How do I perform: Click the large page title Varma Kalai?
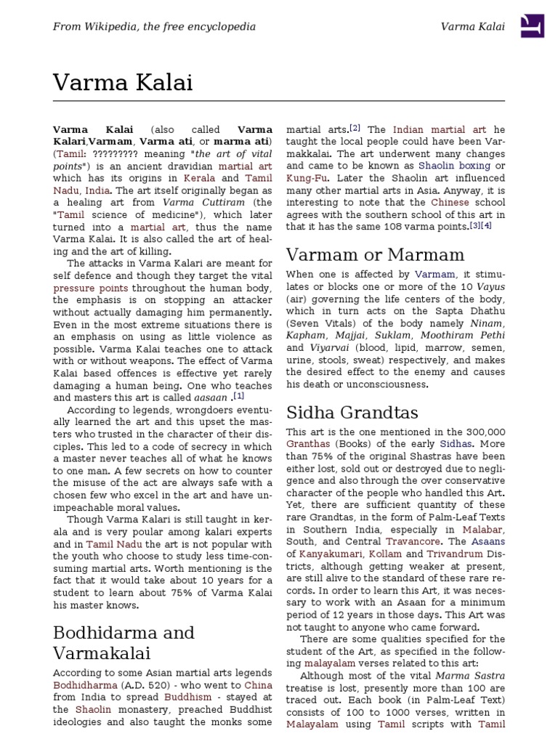click(x=123, y=83)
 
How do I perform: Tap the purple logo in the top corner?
click(x=533, y=26)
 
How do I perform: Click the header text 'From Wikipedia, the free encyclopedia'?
click(x=154, y=27)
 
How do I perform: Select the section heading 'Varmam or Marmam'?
click(x=375, y=255)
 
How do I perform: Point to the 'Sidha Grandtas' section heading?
click(x=352, y=413)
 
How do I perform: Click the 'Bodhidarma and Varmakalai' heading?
click(x=124, y=642)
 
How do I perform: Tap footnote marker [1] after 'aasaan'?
click(x=238, y=396)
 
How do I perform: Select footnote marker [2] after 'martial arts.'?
click(x=355, y=129)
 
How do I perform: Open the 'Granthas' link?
click(x=308, y=444)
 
